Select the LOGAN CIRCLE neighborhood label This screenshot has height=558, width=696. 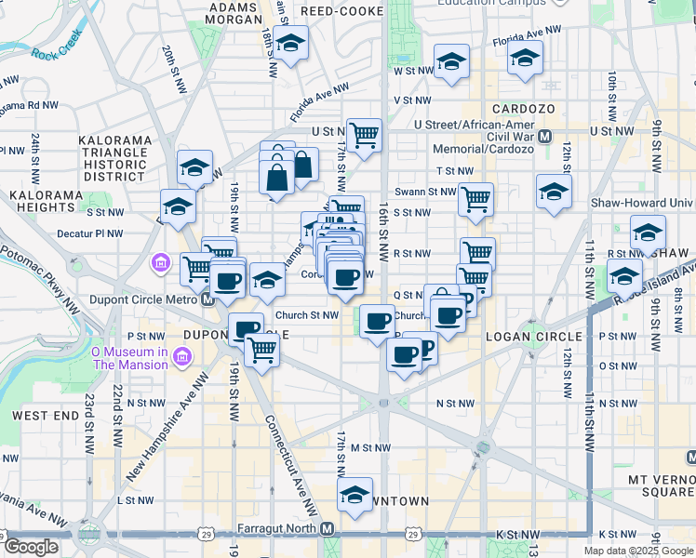pos(533,336)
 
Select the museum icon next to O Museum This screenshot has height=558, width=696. pos(181,357)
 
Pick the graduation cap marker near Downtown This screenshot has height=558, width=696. pos(354,495)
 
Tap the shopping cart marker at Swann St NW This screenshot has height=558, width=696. pos(475,198)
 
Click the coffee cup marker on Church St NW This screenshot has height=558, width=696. pos(377,321)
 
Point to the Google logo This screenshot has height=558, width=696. pos(31,547)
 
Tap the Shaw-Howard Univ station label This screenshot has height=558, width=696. pos(643,203)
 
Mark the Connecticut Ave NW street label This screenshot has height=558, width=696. pos(293,445)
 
